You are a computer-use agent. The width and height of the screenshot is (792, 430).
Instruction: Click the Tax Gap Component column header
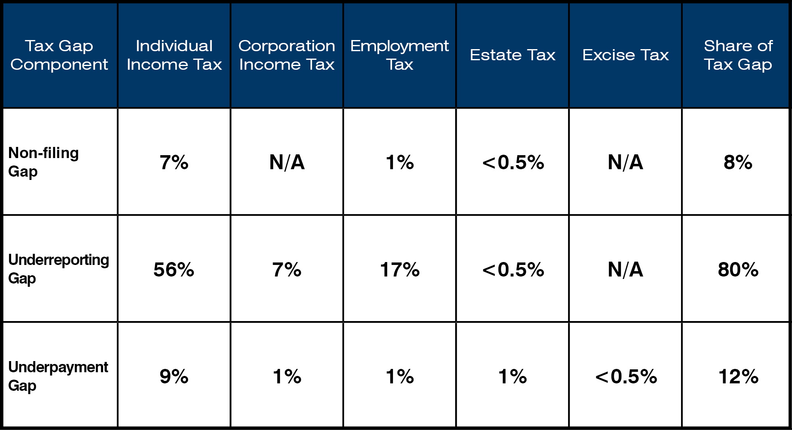pyautogui.click(x=59, y=55)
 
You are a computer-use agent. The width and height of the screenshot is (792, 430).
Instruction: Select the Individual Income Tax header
pyautogui.click(x=174, y=55)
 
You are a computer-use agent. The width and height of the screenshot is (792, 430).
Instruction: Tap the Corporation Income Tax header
pyautogui.click(x=287, y=55)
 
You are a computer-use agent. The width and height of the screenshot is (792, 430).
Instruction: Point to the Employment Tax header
pyautogui.click(x=399, y=55)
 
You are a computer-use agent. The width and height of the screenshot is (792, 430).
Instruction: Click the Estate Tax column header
pyautogui.click(x=512, y=55)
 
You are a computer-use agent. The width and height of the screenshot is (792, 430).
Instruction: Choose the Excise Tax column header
pyautogui.click(x=625, y=55)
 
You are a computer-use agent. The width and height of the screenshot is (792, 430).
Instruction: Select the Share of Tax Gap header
pyautogui.click(x=738, y=55)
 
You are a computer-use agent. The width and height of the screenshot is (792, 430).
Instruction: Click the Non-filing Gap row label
pyautogui.click(x=43, y=162)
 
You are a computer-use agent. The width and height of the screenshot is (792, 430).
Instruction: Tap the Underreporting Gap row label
pyautogui.click(x=59, y=269)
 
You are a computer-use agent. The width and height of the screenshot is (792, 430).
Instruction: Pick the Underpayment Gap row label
pyautogui.click(x=58, y=376)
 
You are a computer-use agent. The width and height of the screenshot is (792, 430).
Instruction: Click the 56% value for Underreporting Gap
pyautogui.click(x=174, y=269)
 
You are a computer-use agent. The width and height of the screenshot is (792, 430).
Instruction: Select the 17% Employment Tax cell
pyautogui.click(x=400, y=269)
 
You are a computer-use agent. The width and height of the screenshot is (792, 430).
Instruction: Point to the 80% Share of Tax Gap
pyautogui.click(x=738, y=269)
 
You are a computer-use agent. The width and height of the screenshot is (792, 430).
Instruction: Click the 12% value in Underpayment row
pyautogui.click(x=738, y=376)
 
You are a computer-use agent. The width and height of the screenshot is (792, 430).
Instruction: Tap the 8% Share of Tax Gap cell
pyautogui.click(x=738, y=162)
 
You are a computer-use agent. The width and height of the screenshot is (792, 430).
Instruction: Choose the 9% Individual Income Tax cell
pyautogui.click(x=174, y=376)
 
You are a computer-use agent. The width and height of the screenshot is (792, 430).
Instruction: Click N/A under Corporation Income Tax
pyautogui.click(x=287, y=162)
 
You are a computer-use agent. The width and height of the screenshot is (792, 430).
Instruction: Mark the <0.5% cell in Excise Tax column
pyautogui.click(x=626, y=376)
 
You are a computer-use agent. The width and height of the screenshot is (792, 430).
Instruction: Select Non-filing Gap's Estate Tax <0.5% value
pyautogui.click(x=513, y=162)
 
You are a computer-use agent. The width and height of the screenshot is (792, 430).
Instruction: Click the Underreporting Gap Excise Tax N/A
pyautogui.click(x=625, y=269)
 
